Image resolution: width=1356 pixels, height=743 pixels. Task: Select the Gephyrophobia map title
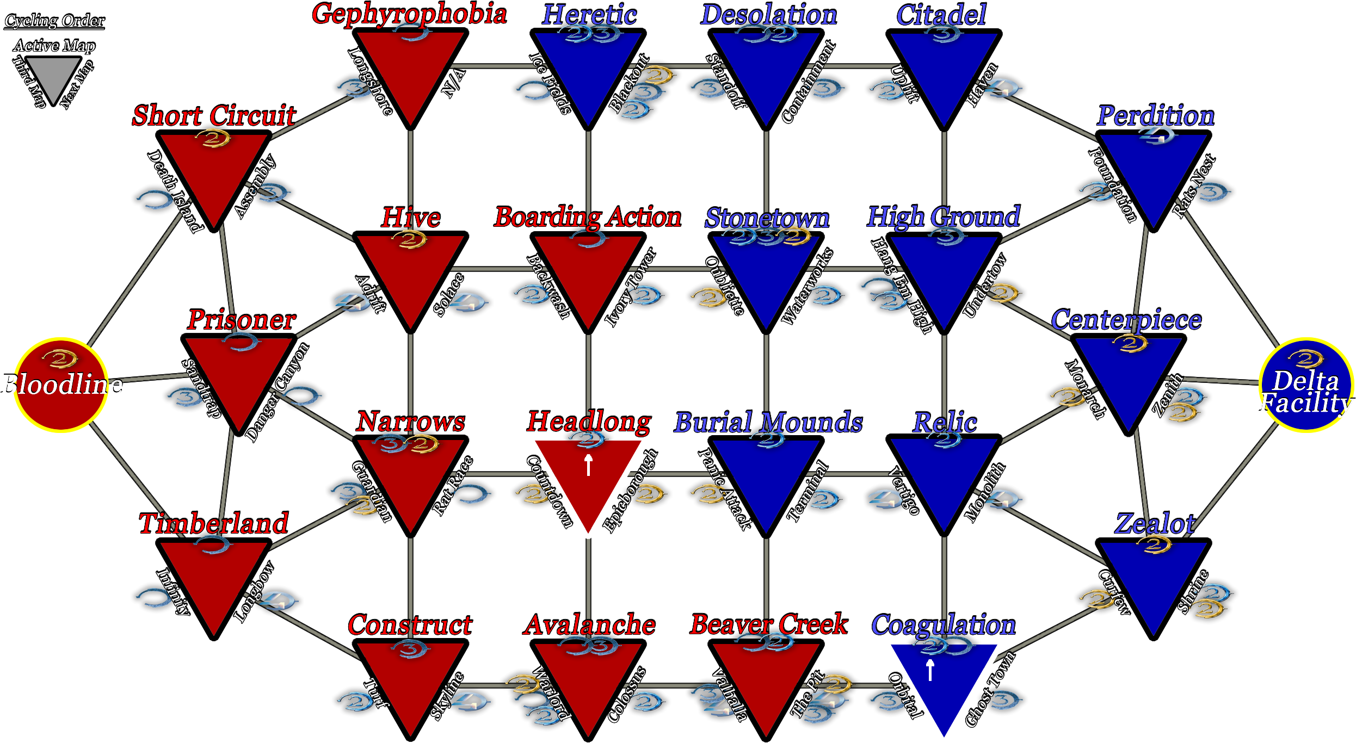click(409, 14)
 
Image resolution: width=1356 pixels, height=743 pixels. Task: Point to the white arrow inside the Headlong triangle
click(588, 465)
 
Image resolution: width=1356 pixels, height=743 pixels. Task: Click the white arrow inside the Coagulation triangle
click(930, 670)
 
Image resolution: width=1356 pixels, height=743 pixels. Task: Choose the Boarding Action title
click(588, 217)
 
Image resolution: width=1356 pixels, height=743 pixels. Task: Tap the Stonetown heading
click(767, 218)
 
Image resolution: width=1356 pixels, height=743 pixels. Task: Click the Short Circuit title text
click(214, 115)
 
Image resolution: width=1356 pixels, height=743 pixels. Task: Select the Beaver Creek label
click(769, 624)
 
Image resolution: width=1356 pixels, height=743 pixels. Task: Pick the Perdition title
click(1155, 115)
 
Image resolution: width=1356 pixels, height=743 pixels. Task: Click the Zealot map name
click(1155, 523)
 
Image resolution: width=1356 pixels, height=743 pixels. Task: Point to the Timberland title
click(214, 523)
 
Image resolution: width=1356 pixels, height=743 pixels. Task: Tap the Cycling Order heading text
click(55, 21)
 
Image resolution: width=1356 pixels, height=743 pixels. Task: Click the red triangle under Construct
click(410, 680)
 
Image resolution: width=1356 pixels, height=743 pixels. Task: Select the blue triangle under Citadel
click(944, 71)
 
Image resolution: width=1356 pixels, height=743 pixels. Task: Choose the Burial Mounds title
click(768, 422)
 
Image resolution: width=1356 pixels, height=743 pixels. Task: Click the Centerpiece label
click(1126, 320)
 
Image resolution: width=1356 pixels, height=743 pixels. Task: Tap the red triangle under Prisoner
click(238, 375)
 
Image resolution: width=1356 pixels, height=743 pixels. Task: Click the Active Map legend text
click(54, 45)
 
